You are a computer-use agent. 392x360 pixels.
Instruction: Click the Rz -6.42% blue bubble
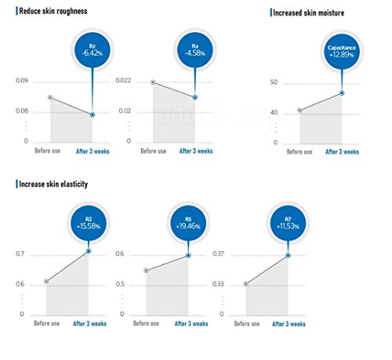93,50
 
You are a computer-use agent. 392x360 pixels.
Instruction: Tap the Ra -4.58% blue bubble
195,50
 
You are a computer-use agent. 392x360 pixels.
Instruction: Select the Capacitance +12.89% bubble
342,52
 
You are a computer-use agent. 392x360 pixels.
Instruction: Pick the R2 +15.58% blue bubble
89,224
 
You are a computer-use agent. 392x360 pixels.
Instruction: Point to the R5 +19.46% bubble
188,224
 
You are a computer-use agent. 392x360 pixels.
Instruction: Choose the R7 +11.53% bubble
288,224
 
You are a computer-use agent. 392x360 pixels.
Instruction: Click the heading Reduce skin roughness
53,11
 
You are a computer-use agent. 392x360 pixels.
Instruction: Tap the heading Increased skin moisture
308,13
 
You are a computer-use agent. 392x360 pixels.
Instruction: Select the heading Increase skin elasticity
53,184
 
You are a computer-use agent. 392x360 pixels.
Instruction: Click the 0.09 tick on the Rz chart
22,81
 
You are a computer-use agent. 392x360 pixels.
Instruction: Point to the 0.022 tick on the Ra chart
123,81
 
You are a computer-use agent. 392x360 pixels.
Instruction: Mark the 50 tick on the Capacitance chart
274,82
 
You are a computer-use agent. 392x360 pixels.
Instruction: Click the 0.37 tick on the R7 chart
218,253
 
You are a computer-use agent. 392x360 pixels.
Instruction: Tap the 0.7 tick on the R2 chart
20,253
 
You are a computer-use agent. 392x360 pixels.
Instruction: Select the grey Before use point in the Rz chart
50,97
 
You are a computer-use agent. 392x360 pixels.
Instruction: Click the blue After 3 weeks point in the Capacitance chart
342,93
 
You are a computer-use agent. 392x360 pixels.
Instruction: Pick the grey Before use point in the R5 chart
147,271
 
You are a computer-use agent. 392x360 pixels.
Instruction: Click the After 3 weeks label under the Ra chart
196,151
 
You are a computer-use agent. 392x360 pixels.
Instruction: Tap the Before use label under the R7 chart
247,324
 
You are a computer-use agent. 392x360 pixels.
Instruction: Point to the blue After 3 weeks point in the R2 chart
89,251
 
